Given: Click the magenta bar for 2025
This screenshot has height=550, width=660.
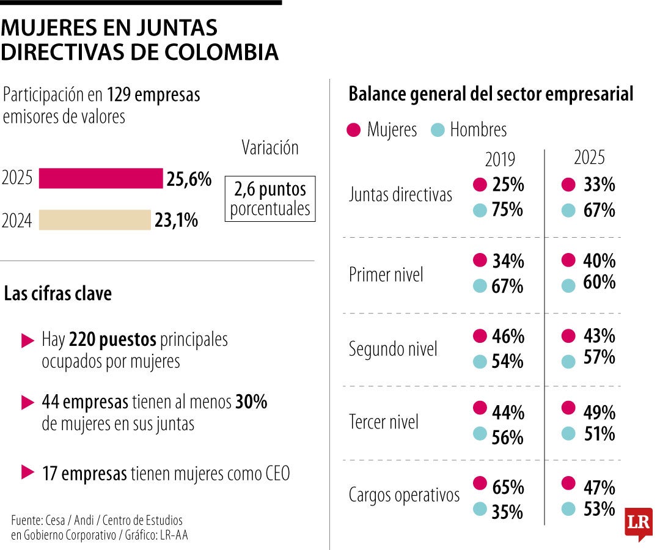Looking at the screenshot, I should point(101,178).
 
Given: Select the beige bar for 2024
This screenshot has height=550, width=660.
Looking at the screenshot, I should point(95,220).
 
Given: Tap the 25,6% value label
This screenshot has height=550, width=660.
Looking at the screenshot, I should point(189,179).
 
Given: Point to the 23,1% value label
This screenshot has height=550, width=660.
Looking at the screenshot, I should point(176,220).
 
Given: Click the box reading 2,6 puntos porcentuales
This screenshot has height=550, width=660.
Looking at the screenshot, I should point(270,199).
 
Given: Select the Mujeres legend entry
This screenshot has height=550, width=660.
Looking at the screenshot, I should point(382,130).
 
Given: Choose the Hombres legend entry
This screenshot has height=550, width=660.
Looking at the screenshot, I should point(469,130).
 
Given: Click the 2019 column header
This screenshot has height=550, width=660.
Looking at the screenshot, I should point(500,159).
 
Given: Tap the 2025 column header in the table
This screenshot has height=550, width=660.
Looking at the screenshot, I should point(589,158).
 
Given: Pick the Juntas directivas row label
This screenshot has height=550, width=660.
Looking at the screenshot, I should point(400,195).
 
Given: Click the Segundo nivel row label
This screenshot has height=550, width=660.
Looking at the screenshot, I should point(393,350).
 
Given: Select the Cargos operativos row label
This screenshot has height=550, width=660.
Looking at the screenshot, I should point(404,495).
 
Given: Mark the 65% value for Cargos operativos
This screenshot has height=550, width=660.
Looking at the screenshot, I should point(508,487).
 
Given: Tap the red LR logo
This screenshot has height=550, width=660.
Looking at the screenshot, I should point(638,524).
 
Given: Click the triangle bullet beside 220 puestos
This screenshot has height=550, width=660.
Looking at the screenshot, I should point(28,341).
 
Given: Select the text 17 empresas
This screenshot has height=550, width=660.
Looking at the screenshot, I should point(84,474).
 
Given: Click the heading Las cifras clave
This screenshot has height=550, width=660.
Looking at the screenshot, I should point(58,294).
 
